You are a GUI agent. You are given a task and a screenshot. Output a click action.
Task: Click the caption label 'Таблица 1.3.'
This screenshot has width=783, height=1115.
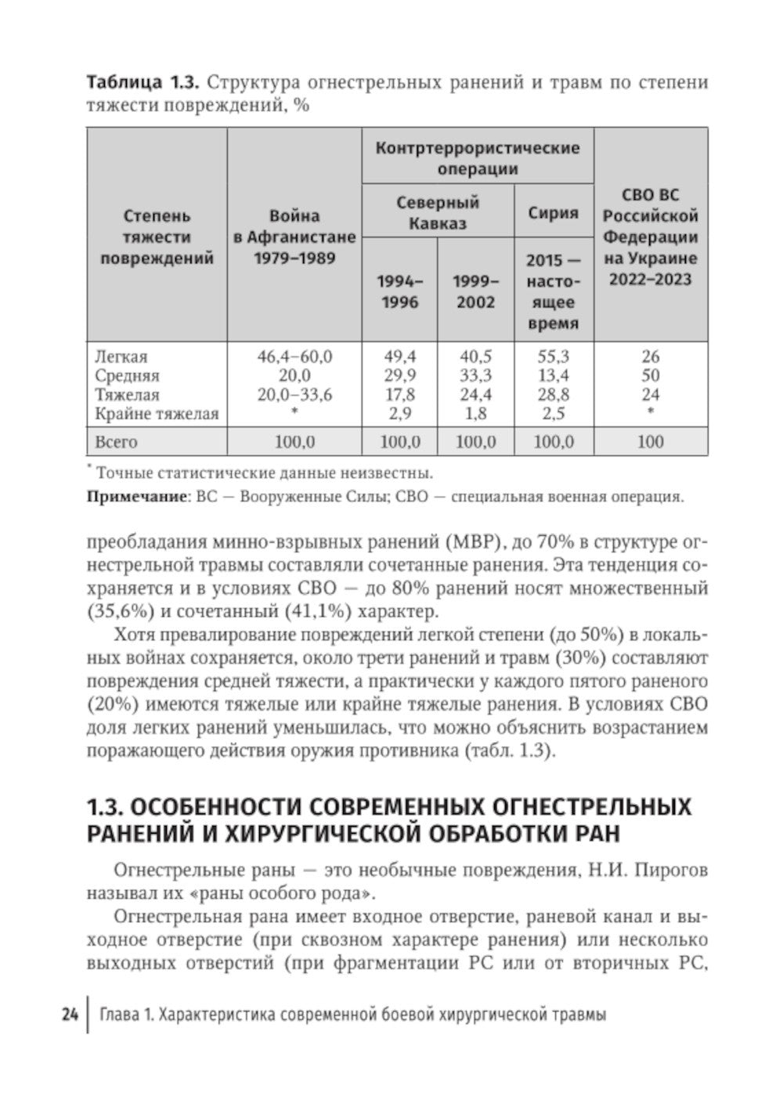136,83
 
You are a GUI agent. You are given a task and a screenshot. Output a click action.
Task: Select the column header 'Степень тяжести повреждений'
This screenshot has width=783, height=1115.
157,237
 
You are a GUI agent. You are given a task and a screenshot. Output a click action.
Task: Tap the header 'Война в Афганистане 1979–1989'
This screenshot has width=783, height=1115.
294,237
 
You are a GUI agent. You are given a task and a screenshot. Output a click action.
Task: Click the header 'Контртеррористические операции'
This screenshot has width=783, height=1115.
478,157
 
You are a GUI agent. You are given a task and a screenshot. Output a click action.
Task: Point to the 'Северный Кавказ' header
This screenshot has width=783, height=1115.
438,212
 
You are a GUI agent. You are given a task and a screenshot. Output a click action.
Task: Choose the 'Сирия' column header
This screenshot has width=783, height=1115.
554,212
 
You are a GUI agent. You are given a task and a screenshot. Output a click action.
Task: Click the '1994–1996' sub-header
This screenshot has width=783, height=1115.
399,291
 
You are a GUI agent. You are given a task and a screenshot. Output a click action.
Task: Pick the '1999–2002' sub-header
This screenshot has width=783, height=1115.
476,291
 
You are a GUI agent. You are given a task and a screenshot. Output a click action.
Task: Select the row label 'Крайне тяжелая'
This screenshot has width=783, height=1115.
157,414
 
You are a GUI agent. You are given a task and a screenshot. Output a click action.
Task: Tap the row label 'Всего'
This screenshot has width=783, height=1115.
116,442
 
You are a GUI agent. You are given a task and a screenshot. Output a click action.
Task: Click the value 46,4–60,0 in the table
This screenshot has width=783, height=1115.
294,357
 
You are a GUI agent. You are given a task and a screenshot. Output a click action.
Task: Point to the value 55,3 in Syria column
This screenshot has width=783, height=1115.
554,357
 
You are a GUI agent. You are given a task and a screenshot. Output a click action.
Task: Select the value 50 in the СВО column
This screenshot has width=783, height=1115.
651,375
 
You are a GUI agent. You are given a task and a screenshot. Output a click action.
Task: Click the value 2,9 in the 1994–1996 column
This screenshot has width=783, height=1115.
399,414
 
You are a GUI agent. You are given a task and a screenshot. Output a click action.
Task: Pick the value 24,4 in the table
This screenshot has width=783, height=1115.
476,395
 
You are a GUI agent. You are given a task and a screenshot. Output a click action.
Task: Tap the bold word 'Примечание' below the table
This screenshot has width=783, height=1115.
135,497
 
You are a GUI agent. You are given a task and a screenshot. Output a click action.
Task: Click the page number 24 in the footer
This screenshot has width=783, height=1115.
68,1015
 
